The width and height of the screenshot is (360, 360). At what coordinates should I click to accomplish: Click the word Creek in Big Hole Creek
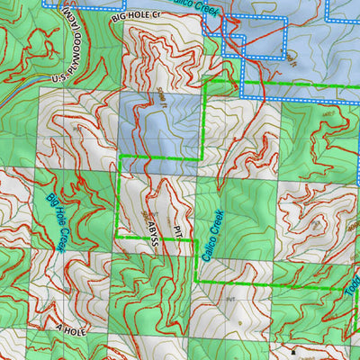coord(64,236)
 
